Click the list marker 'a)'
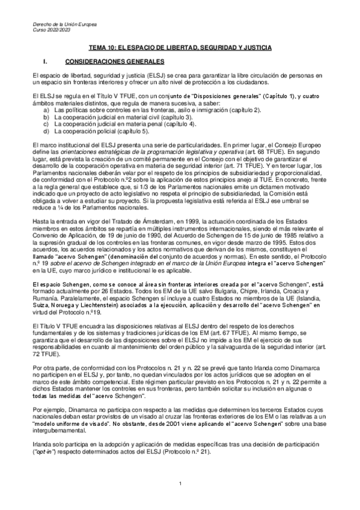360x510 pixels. pyautogui.click(x=47, y=111)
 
